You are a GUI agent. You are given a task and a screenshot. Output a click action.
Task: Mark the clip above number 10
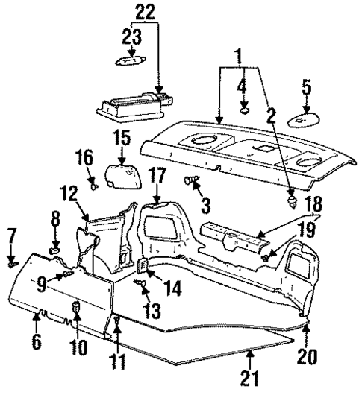(78, 306)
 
